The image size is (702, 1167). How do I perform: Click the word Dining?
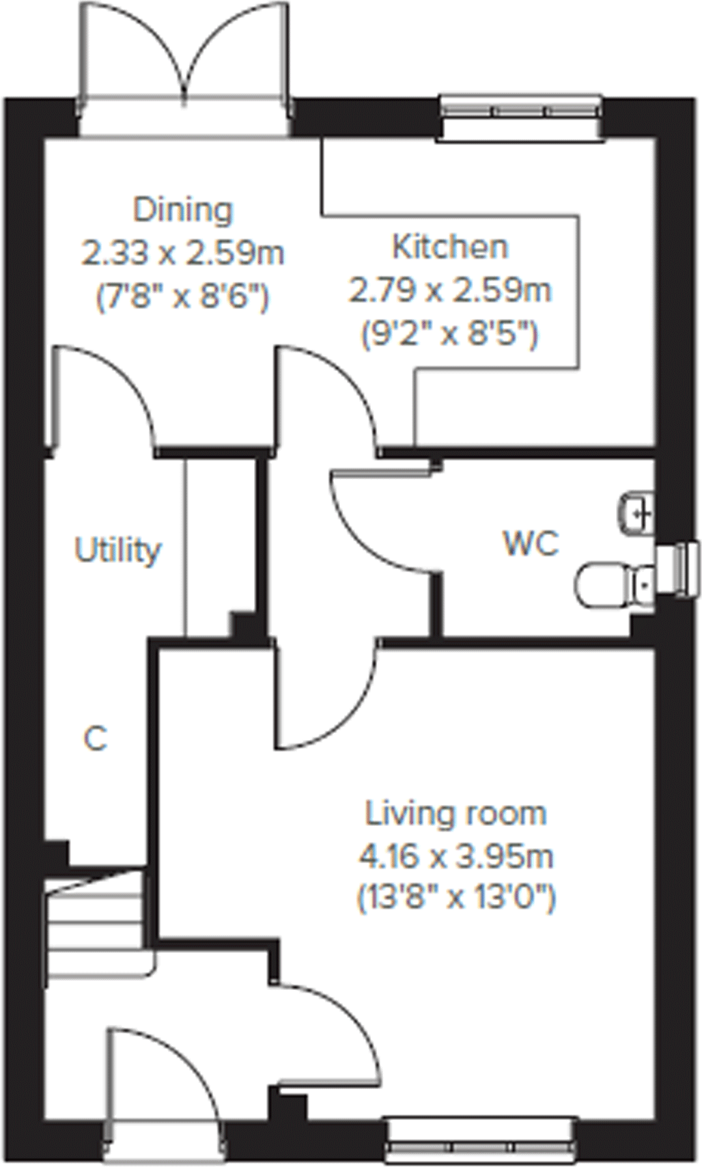pos(182,210)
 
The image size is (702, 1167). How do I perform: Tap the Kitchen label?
pos(450,247)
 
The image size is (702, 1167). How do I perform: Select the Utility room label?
pos(117,550)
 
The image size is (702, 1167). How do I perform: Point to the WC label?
pos(531,544)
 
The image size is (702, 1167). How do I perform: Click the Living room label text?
pos(455,814)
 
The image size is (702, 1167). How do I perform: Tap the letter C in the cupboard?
pos(95,739)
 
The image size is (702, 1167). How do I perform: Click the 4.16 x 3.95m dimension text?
pos(455,856)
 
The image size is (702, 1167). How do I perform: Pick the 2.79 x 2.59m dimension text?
pos(450,290)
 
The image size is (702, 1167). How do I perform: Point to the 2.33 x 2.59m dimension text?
pos(182,253)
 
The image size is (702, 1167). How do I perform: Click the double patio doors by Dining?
pos(183,68)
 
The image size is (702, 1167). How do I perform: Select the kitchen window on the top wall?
pos(520,118)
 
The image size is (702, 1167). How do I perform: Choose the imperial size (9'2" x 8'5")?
pos(450,334)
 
